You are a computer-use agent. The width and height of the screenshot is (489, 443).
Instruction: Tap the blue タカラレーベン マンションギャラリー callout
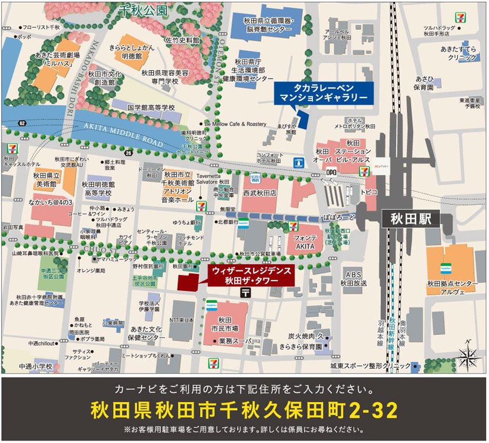click(x=323, y=92)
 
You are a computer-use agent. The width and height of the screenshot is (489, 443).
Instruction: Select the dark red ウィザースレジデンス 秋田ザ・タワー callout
click(x=250, y=274)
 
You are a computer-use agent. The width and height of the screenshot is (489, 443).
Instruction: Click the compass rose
click(x=467, y=355)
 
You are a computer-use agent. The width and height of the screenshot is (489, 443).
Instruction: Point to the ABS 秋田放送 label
click(x=353, y=279)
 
